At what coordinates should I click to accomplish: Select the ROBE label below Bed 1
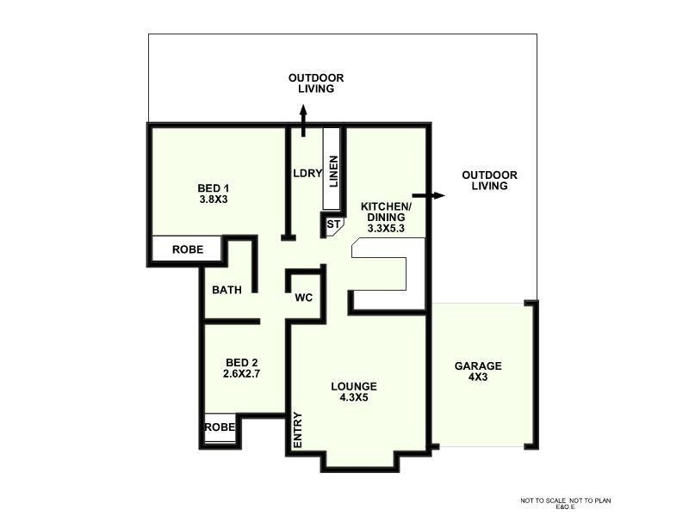[x=188, y=249]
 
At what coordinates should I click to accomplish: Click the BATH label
[x=227, y=290]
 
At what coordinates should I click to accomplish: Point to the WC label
[x=303, y=298]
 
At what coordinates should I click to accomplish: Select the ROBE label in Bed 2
[x=219, y=427]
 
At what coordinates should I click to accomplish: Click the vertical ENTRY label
[x=298, y=429]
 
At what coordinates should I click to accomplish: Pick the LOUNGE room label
[x=354, y=386]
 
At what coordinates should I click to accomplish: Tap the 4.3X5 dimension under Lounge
[x=354, y=398]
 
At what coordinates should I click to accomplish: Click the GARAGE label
[x=478, y=365]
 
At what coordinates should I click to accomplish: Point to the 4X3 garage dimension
[x=478, y=378]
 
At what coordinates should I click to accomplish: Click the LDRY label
[x=307, y=173]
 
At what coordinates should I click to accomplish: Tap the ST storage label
[x=333, y=225]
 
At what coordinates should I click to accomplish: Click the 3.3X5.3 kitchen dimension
[x=386, y=229]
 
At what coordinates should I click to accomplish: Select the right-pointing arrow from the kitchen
[x=436, y=195]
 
